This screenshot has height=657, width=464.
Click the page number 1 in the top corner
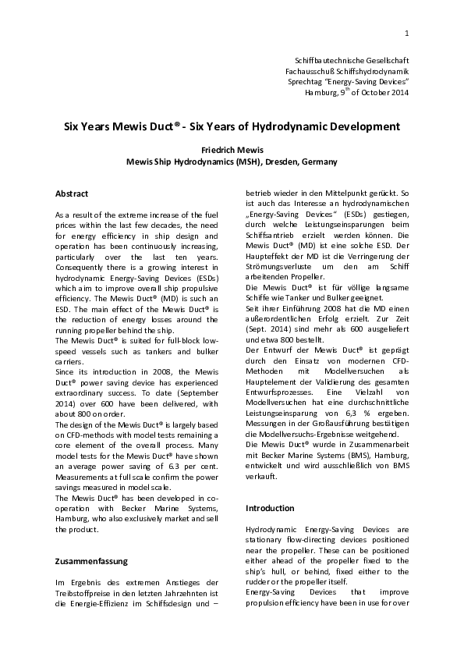pyautogui.click(x=407, y=34)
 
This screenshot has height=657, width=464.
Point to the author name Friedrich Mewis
pyautogui.click(x=232, y=151)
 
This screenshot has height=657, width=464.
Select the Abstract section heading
pyautogui.click(x=72, y=194)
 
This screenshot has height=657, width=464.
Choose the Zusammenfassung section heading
pyautogui.click(x=90, y=560)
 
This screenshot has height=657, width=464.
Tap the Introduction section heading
pyautogui.click(x=270, y=508)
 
